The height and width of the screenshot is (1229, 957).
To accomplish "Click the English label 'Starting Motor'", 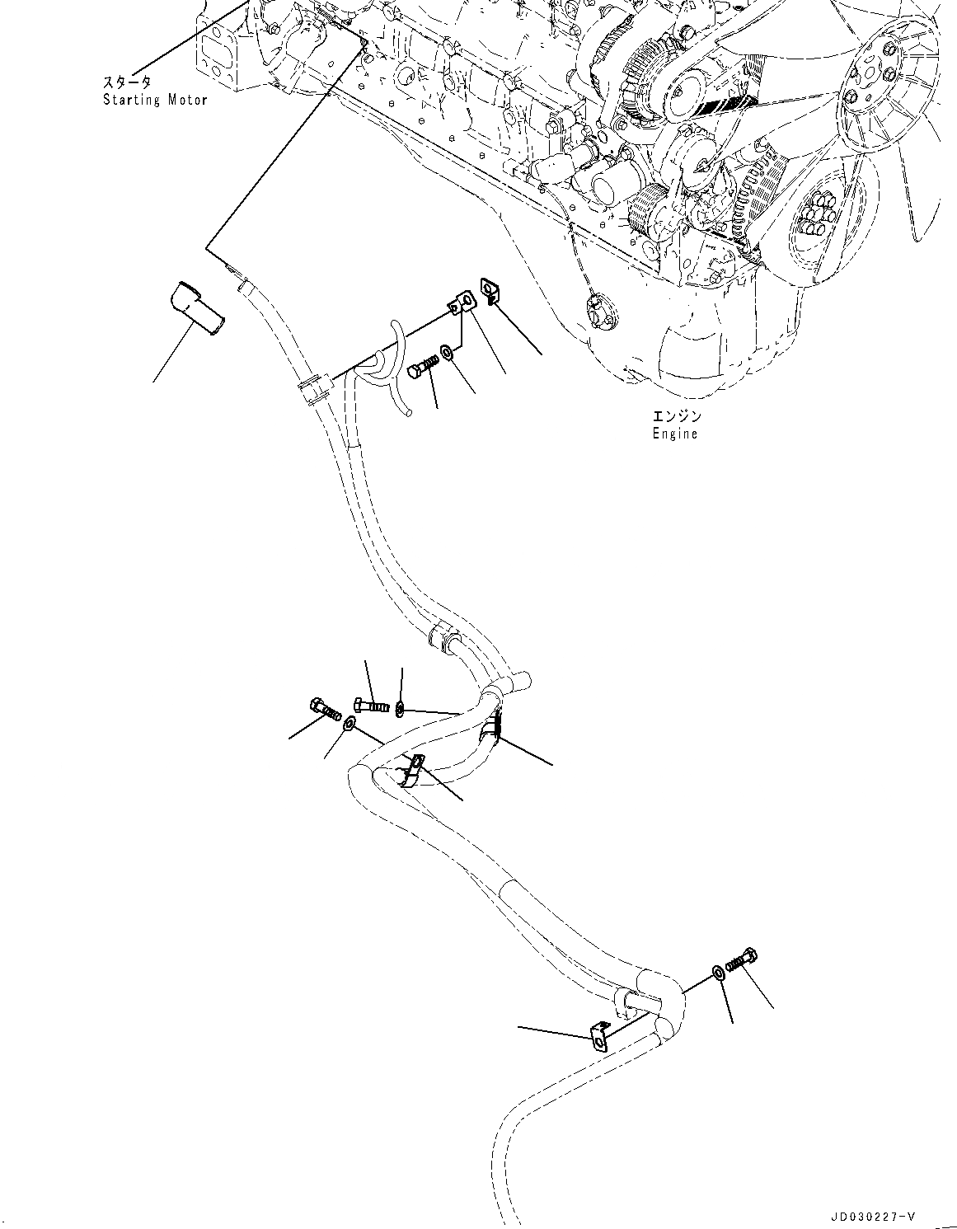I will coord(155,100).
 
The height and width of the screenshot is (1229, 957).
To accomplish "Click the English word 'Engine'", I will coord(674,434).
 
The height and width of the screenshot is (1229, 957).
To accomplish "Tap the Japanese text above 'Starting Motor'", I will coord(127,82).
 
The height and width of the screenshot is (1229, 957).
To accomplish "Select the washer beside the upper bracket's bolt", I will coord(446,353).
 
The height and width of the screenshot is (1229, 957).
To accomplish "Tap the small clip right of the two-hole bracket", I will coord(490,290).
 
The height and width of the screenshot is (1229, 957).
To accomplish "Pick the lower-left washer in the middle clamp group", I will coord(349,724).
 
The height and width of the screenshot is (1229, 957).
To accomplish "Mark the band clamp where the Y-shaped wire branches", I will coord(313,387).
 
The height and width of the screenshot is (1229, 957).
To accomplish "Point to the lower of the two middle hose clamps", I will coord(412,770).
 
